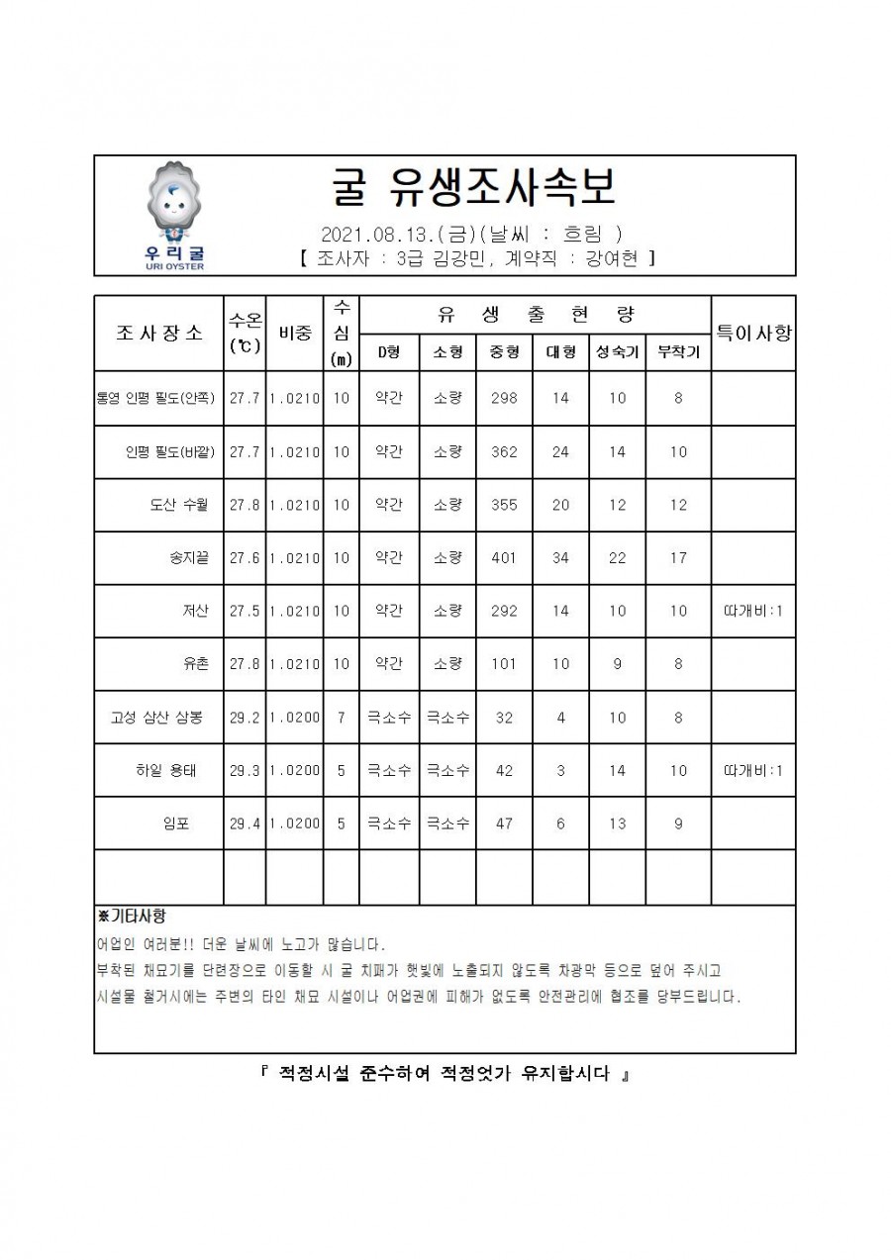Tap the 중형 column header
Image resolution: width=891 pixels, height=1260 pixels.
click(504, 351)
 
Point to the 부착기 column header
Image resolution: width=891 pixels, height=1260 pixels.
click(678, 351)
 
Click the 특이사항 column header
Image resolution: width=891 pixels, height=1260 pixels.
click(753, 333)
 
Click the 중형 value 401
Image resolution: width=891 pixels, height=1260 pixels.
click(504, 558)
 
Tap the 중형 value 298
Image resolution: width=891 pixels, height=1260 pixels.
click(504, 399)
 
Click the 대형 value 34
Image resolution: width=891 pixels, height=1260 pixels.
click(560, 558)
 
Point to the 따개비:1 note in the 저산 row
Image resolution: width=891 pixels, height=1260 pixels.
click(753, 611)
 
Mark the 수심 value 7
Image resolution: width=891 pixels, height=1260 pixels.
click(341, 718)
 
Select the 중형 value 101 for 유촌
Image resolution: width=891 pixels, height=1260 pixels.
click(504, 664)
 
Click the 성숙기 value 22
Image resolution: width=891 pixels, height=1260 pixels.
click(617, 558)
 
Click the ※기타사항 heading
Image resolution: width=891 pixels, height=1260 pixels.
click(132, 918)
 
